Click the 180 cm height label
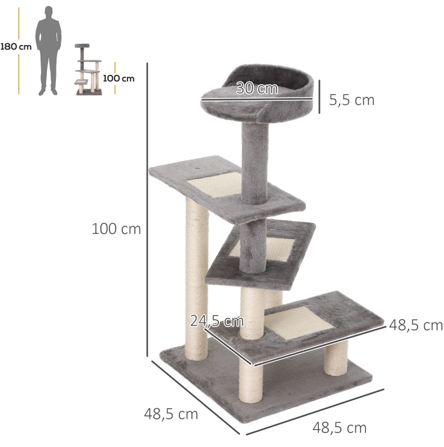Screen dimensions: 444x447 click(x=16, y=46)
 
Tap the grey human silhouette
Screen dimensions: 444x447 click(x=48, y=51)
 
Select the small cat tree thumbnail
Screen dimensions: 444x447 click(x=88, y=69)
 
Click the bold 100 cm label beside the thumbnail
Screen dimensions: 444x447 click(x=118, y=78)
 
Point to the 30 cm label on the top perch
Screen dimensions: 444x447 click(x=257, y=88)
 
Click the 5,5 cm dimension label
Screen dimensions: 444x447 click(x=352, y=100)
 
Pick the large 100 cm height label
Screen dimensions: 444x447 click(x=116, y=229)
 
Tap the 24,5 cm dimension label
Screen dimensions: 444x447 click(x=217, y=321)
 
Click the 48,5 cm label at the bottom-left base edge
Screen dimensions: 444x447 click(x=171, y=414)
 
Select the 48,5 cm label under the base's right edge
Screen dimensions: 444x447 click(x=340, y=428)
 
